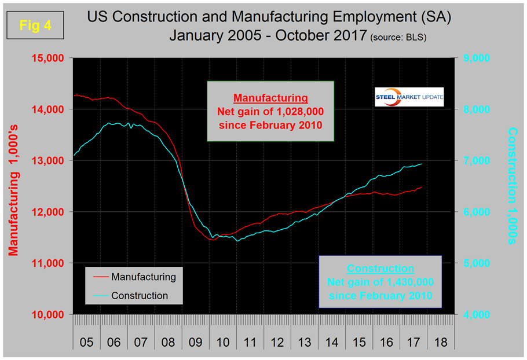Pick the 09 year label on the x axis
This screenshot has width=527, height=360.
tap(195, 343)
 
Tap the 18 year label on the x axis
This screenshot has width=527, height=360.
tap(441, 343)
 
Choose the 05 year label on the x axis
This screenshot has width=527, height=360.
tap(86, 343)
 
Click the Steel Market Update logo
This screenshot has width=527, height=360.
tap(409, 97)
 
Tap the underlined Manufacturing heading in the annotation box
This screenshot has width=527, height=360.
tap(270, 98)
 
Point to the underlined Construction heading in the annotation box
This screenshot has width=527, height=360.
tap(380, 269)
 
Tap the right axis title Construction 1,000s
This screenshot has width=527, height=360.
tap(512, 185)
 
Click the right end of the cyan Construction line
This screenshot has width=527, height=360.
tap(421, 164)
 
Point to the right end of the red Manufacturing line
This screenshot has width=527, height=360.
tap(421, 187)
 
